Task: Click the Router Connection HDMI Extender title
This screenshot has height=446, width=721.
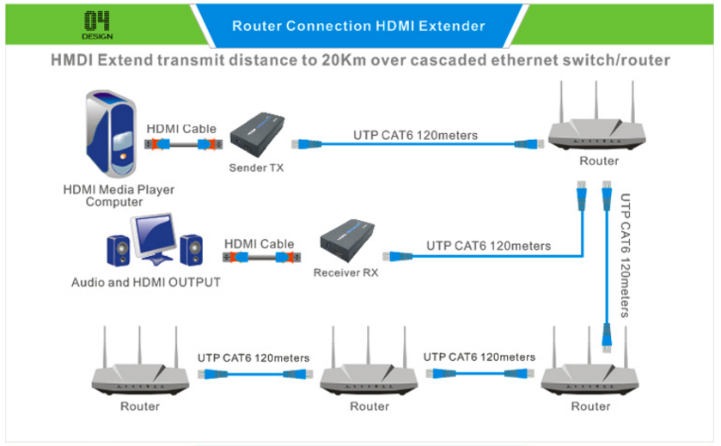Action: [358, 26]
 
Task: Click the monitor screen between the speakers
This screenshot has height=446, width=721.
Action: [157, 235]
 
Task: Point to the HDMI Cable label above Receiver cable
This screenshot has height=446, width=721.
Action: [259, 244]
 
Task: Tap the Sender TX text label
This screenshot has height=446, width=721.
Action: [256, 168]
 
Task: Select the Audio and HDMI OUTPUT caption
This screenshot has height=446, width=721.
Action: [145, 282]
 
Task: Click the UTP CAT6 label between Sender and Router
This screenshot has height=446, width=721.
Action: [415, 135]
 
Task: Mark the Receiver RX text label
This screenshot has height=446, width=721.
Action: [345, 274]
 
